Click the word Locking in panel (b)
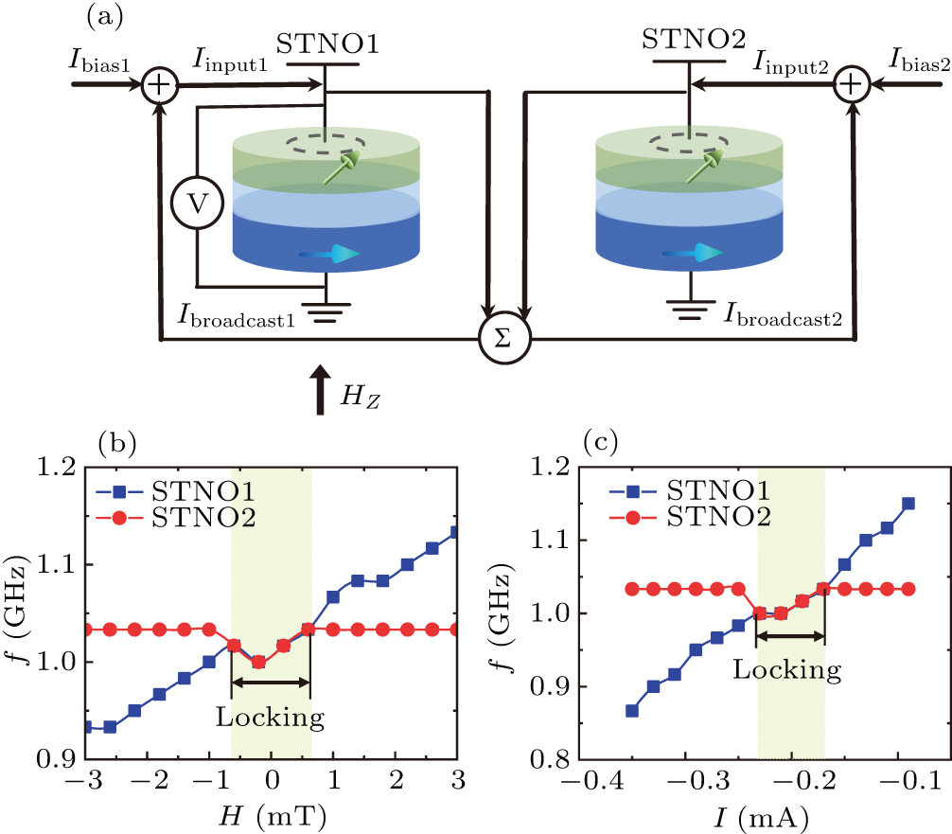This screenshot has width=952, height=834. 271,717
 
